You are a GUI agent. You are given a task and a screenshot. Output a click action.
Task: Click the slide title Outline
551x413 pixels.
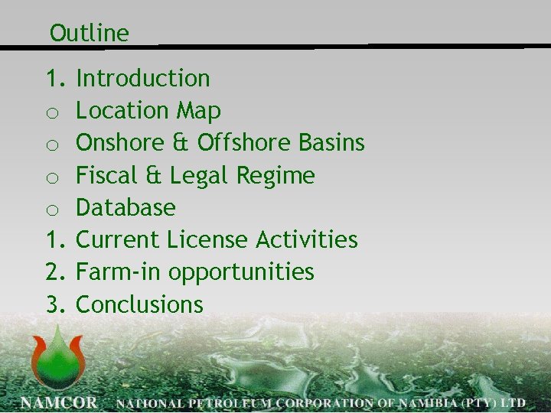point(89,33)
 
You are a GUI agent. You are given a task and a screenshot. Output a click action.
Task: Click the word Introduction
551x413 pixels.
point(143,78)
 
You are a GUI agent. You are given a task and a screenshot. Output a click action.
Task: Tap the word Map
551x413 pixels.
point(199,111)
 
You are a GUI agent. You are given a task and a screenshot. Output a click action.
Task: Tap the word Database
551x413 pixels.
point(126,207)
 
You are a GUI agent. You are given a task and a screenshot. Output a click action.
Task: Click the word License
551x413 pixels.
point(214,239)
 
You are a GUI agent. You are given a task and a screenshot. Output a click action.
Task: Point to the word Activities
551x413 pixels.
point(307,239)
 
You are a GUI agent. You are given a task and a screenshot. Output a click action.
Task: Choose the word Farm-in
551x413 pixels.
point(119,272)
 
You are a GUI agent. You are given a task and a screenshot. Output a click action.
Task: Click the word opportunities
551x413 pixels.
point(241,273)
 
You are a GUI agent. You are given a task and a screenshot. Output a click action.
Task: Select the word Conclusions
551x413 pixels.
point(140,304)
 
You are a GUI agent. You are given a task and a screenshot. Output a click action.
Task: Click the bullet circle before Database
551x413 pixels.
point(52,210)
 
